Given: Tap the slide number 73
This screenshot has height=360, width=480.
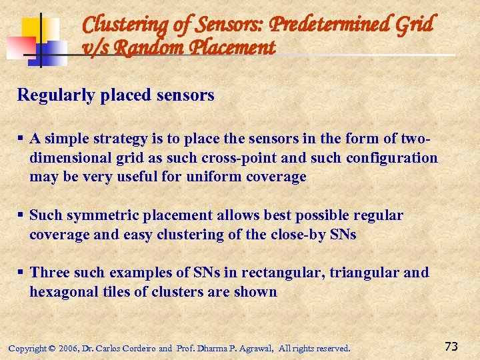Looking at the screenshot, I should click(451, 346).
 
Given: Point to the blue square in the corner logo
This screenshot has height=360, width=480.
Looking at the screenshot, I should click(54, 53).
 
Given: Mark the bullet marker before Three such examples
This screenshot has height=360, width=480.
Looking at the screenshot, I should click(21, 273).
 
